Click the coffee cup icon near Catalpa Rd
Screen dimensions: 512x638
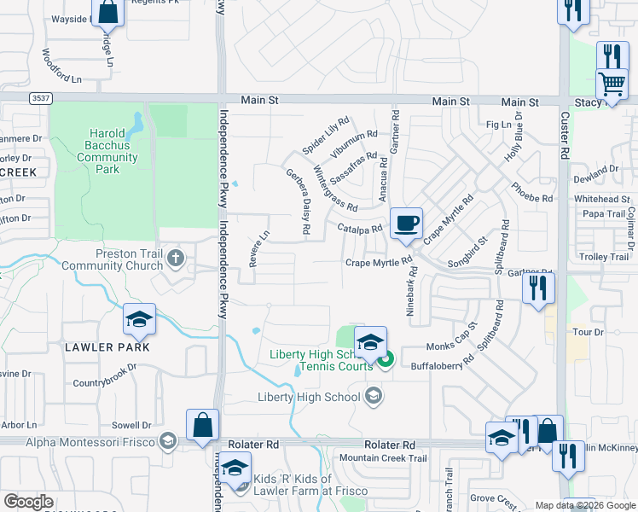407,224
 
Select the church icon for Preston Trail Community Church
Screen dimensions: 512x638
176,257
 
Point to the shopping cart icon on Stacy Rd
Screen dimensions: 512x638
612,84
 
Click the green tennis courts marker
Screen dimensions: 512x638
385,359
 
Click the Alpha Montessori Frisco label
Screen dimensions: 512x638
90,441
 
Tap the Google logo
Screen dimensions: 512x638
28,502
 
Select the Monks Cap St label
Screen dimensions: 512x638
452,346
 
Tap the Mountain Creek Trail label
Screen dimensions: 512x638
382,458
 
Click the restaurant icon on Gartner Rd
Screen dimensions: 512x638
538,288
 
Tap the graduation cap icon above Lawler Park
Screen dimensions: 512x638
139,319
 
